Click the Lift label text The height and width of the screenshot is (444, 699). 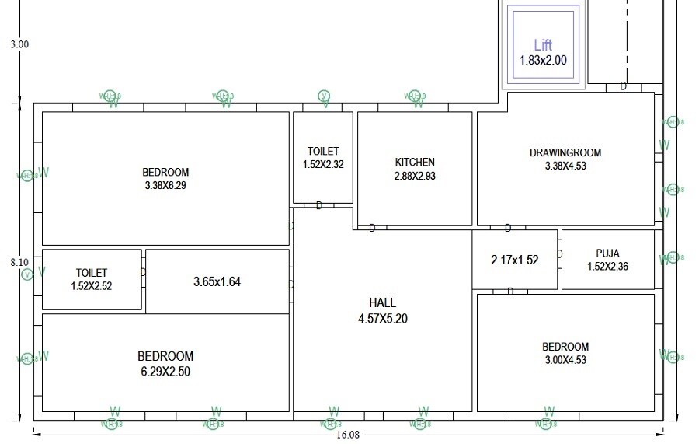[x=543, y=45]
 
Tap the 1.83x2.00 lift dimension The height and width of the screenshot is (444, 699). [x=543, y=59]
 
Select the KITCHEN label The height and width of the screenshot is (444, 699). [x=415, y=162]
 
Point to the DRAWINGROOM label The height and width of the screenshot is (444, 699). [x=565, y=152]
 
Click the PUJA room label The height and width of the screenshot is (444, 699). [x=607, y=253]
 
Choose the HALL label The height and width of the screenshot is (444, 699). [x=382, y=302]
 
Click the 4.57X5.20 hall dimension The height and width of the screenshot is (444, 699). [x=382, y=317]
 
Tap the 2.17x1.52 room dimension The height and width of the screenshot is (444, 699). [x=514, y=260]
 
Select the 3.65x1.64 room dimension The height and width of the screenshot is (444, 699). [x=217, y=281]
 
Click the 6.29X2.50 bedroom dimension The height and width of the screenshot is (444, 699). [x=165, y=372]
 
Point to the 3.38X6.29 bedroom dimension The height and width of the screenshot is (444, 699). [x=165, y=185]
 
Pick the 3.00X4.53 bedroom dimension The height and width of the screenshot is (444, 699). [x=565, y=359]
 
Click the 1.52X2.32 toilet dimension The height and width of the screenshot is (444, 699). [x=323, y=164]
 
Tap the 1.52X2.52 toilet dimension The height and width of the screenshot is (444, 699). [x=92, y=285]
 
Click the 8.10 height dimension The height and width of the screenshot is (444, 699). [x=19, y=263]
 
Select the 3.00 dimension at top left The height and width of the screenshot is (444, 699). [x=19, y=44]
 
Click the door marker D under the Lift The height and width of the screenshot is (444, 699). [x=623, y=86]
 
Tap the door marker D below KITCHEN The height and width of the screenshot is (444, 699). [x=372, y=228]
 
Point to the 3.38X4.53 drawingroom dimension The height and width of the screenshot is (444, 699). [x=565, y=165]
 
